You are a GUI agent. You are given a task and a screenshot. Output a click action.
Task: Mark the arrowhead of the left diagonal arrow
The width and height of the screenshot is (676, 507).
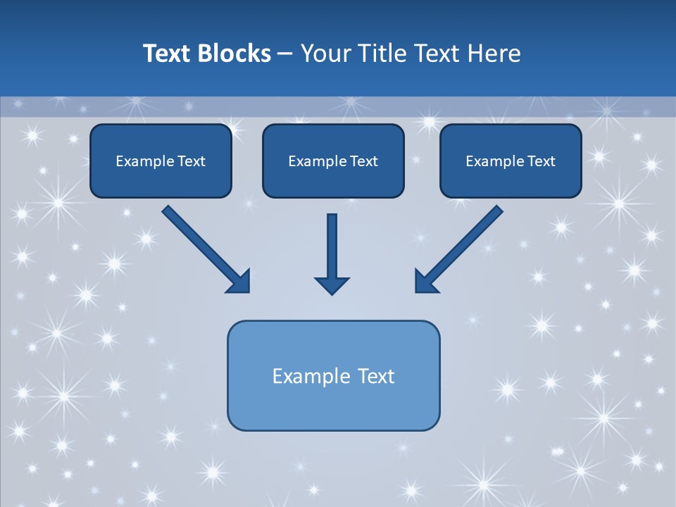click(x=239, y=281)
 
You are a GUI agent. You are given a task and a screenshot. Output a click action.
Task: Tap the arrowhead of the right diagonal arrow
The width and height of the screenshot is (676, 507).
click(x=425, y=281)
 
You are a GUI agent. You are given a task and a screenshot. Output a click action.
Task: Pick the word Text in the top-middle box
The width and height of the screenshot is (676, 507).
click(x=364, y=161)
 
